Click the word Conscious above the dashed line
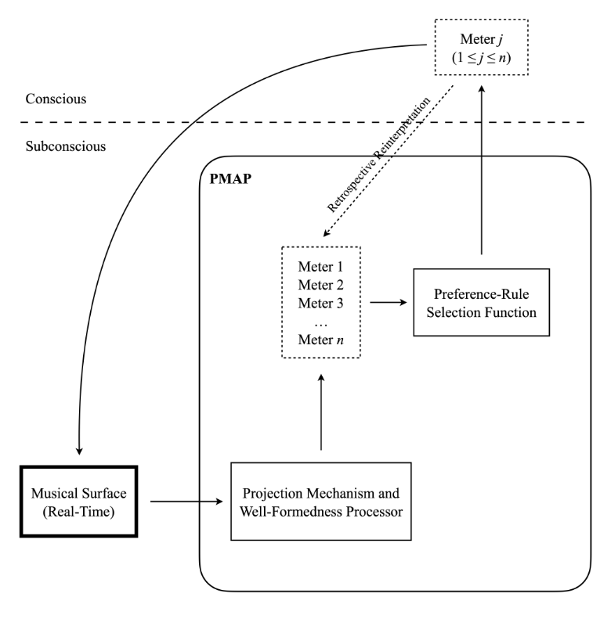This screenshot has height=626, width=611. pyautogui.click(x=56, y=100)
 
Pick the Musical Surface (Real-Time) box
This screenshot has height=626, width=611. pyautogui.click(x=78, y=501)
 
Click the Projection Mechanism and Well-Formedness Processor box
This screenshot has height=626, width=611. pyautogui.click(x=321, y=501)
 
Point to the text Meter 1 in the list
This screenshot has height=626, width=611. pyautogui.click(x=321, y=267)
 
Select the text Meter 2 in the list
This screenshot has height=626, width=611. pyautogui.click(x=321, y=285)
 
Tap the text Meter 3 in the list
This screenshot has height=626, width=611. pyautogui.click(x=321, y=303)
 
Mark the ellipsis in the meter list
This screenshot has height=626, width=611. pyautogui.click(x=321, y=321)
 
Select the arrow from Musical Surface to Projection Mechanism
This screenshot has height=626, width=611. pyautogui.click(x=185, y=501)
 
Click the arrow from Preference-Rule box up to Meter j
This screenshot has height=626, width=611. pyautogui.click(x=481, y=172)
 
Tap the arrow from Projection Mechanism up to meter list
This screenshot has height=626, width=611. pyautogui.click(x=321, y=415)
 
